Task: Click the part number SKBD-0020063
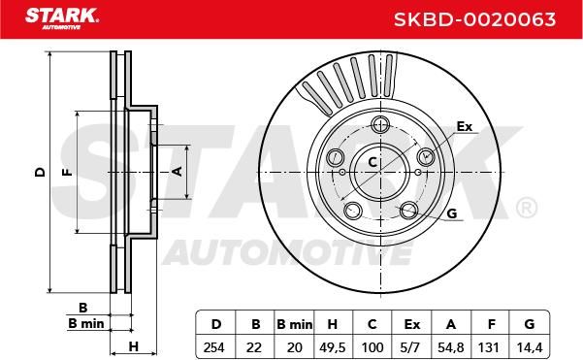click(474, 19)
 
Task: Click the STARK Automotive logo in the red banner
click(62, 18)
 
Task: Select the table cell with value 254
click(214, 347)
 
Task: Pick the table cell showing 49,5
click(333, 347)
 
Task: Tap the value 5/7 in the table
click(411, 347)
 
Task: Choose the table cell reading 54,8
click(451, 347)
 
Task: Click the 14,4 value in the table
click(530, 347)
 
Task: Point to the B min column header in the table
click(294, 324)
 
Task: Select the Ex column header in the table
click(411, 324)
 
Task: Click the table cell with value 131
click(489, 347)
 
